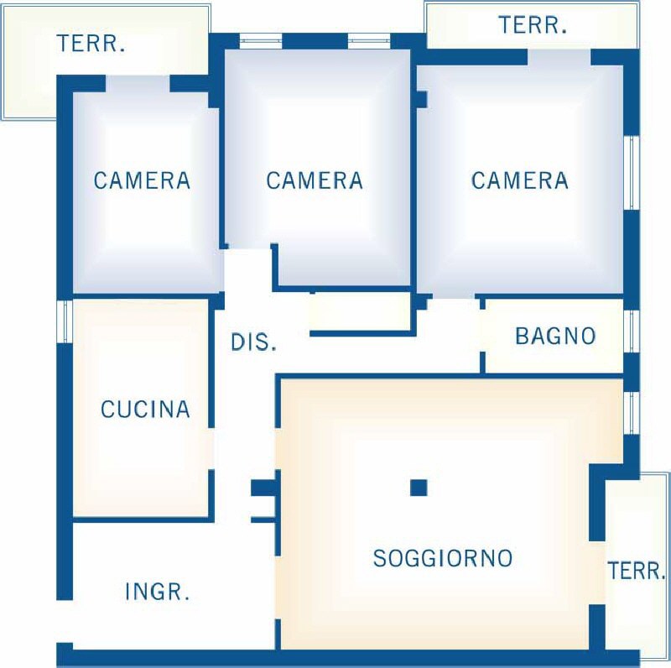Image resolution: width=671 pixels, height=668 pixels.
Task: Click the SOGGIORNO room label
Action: pos(443,557)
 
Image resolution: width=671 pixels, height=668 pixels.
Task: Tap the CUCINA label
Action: pos(145,409)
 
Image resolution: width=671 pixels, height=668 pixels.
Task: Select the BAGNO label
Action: pos(555,336)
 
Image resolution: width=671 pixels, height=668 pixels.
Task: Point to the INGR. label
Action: pos(157,592)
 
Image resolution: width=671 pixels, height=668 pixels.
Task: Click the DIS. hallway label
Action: pos(253,342)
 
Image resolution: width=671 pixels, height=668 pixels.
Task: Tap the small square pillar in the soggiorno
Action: pos(419,488)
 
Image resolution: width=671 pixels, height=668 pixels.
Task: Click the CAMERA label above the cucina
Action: pos(142,180)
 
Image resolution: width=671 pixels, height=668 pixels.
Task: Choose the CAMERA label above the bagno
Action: pos(520,180)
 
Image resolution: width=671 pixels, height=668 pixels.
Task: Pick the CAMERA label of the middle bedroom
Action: pos(315,180)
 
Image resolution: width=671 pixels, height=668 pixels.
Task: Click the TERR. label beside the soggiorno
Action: pos(637,571)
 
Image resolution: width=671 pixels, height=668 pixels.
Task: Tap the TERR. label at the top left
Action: pos(91,44)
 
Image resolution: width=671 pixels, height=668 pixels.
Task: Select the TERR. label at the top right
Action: pos(533,25)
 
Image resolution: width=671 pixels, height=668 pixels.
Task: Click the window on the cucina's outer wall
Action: pos(65,321)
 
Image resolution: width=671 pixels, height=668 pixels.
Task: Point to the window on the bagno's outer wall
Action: pos(632,331)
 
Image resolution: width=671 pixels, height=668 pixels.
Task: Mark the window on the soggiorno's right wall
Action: pos(632,412)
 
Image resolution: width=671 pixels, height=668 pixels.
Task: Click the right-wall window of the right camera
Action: pos(632,173)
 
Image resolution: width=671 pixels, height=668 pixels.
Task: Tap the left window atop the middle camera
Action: pos(261,41)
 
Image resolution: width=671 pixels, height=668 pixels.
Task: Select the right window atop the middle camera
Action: pos(369,41)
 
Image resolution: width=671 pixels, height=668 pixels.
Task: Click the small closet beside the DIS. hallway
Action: pos(360,312)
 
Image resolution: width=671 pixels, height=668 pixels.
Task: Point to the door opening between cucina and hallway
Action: pos(211,448)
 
